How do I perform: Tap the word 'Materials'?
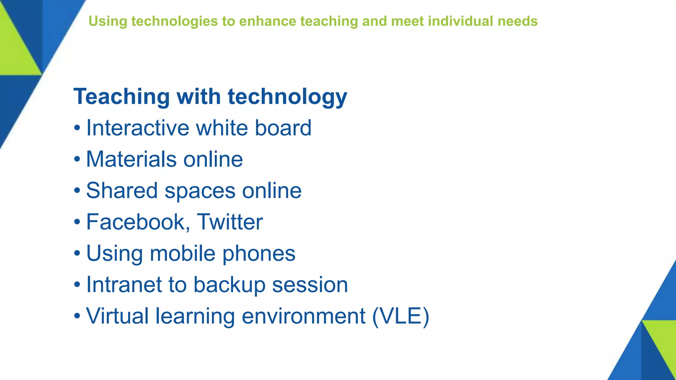click(131, 159)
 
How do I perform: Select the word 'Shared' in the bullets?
click(122, 191)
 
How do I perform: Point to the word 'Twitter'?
click(230, 222)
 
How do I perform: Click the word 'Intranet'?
click(124, 285)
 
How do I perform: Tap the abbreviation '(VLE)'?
click(400, 316)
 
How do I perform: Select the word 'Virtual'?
click(117, 316)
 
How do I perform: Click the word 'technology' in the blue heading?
click(287, 97)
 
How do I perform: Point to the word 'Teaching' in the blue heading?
click(121, 97)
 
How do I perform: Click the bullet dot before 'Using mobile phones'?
click(77, 253)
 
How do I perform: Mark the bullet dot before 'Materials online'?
click(77, 159)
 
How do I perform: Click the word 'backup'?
click(229, 285)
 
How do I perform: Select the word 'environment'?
click(303, 316)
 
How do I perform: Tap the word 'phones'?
click(259, 253)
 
